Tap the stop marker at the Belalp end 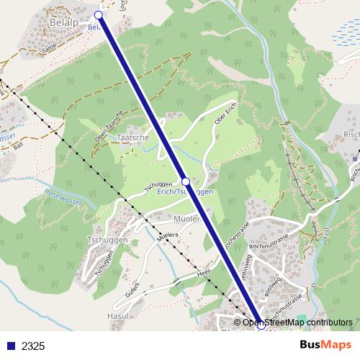tap(99, 14)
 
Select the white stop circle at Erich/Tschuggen tap(186, 181)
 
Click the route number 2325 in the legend tap(33, 346)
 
